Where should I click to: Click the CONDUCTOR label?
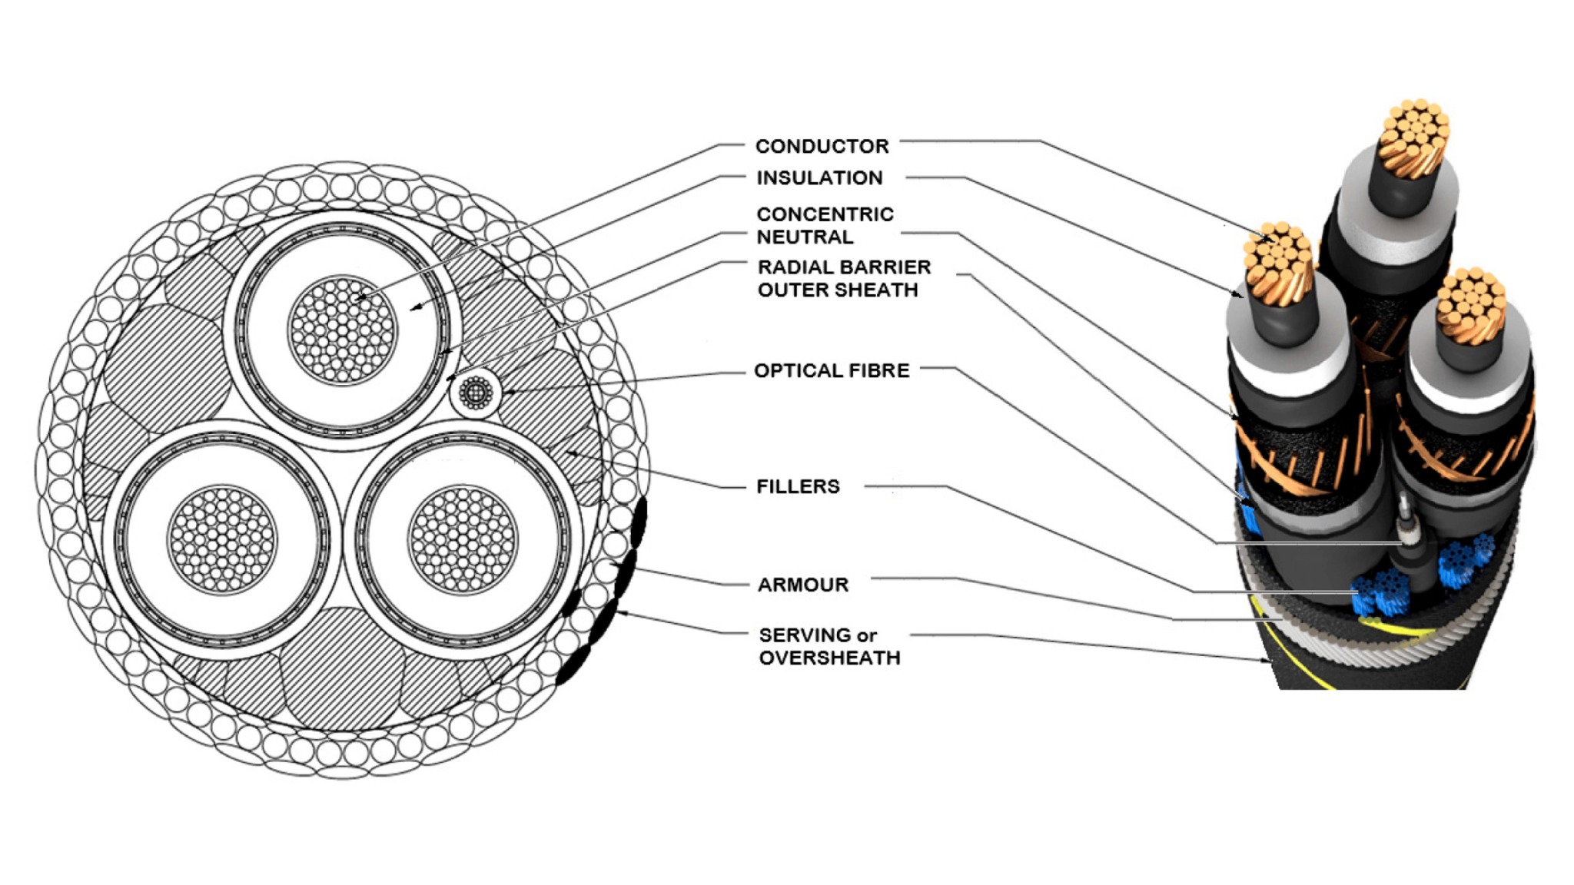coord(822,146)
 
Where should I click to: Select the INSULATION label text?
coord(819,178)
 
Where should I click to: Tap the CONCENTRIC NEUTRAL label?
coord(825,225)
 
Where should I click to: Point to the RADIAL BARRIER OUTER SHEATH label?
coord(844,278)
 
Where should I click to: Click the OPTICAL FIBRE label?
coord(832,371)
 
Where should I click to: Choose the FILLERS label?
coord(798,486)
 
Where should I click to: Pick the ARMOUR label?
coord(803,585)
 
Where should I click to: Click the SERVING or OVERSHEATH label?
coord(829,646)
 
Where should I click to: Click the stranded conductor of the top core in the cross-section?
coord(343,330)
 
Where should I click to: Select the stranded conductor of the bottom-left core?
coord(222,539)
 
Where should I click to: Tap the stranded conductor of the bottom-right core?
coord(463,539)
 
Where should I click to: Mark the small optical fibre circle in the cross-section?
coord(476,393)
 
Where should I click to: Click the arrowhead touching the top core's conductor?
coord(358,297)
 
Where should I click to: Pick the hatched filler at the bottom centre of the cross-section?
coord(342,668)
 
